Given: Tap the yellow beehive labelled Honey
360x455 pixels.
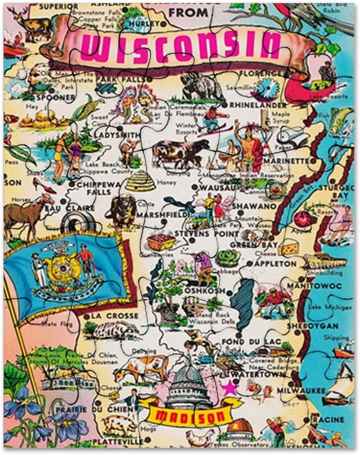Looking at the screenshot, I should point(140,180).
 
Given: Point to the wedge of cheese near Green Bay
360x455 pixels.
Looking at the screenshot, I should point(289,247).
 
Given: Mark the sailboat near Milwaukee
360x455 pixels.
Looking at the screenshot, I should point(339,387).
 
